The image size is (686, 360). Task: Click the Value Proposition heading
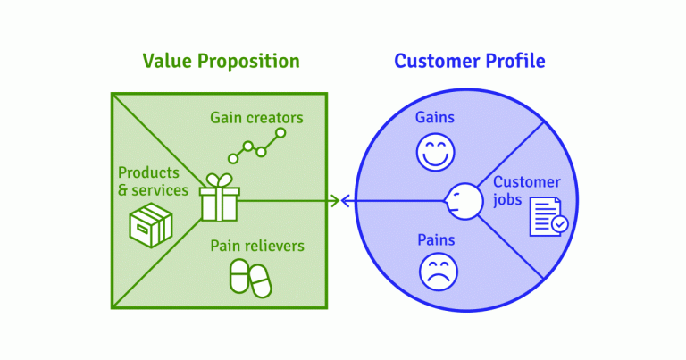pyautogui.click(x=221, y=62)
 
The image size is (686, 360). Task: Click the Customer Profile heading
pyautogui.click(x=470, y=62)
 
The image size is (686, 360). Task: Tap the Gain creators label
pyautogui.click(x=256, y=118)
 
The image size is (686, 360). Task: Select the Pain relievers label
pyautogui.click(x=257, y=246)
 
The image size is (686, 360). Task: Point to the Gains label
pyautogui.click(x=435, y=117)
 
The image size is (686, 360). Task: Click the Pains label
pyautogui.click(x=436, y=239)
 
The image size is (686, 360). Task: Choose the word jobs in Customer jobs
pyautogui.click(x=507, y=200)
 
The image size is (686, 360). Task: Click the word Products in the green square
pyautogui.click(x=149, y=172)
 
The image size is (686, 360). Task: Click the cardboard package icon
pyautogui.click(x=151, y=225)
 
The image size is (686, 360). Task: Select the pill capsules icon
pyautogui.click(x=251, y=278)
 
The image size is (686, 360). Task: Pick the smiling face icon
pyautogui.click(x=435, y=153)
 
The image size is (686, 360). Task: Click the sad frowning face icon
pyautogui.click(x=439, y=272)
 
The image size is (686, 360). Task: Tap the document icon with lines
pyautogui.click(x=545, y=216)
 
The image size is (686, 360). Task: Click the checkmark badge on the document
pyautogui.click(x=559, y=224)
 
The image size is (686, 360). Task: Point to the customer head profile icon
pyautogui.click(x=464, y=201)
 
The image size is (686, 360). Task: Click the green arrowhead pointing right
pyautogui.click(x=336, y=201)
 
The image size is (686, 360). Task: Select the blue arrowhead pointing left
pyautogui.click(x=346, y=201)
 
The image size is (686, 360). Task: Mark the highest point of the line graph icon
pyautogui.click(x=280, y=132)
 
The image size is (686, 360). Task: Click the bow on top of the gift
pyautogui.click(x=219, y=180)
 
